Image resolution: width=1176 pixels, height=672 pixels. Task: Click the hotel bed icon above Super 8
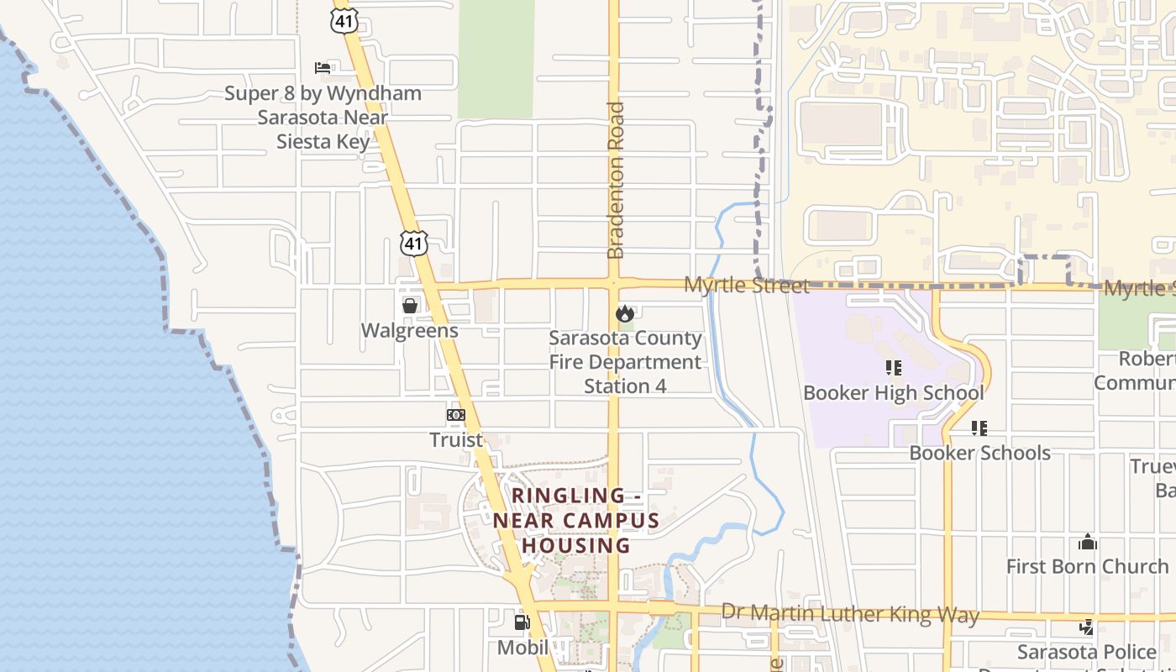pos(323,67)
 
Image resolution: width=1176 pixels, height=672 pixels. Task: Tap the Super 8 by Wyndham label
pos(323,117)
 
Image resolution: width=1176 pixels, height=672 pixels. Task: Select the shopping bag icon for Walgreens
pos(410,306)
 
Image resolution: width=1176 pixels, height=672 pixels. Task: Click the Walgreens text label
pos(410,330)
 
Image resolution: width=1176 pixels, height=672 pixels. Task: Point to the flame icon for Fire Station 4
pos(624,314)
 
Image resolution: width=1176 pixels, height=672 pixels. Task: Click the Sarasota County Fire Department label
pos(626,362)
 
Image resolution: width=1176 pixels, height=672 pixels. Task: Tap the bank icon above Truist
pos(456,415)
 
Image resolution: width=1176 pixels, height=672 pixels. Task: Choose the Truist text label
pos(456,439)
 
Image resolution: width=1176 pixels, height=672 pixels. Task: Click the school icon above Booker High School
pos(893,368)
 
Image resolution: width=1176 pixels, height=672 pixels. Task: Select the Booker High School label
pos(893,393)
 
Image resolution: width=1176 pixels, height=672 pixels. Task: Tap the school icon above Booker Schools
pos(979,428)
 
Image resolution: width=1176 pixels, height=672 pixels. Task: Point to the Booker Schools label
pos(979,453)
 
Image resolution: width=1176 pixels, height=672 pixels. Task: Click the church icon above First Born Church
pos(1088,542)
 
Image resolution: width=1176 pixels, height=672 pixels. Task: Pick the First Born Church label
pos(1087,566)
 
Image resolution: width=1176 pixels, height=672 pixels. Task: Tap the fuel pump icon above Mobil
pos(522,622)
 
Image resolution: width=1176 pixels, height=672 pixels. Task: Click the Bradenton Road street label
pos(616,181)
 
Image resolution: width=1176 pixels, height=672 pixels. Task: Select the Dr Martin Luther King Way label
pos(850,613)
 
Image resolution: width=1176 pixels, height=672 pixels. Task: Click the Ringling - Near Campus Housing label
pos(576,520)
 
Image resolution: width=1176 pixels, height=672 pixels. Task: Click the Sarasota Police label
pos(1086,652)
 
